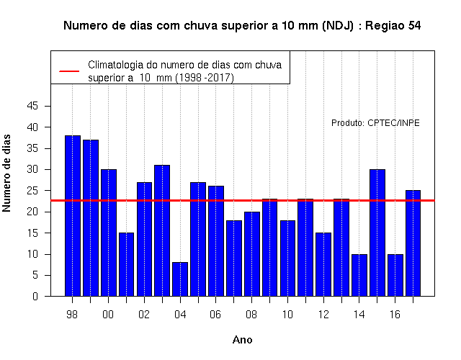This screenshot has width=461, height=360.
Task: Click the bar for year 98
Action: point(73,216)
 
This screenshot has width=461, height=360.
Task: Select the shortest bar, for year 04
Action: point(180,279)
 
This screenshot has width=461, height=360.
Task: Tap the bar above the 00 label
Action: point(109,233)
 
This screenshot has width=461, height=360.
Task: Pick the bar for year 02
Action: point(144,239)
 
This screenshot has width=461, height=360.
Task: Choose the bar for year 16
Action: point(395,275)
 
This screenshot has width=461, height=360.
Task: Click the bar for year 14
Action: point(359,275)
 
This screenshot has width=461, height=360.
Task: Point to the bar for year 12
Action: point(323,264)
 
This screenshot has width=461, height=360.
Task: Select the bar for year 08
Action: point(252,254)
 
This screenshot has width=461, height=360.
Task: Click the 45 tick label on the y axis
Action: point(32,106)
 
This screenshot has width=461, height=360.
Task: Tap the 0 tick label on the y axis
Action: point(35,296)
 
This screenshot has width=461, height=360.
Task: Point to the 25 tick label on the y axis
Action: point(32,190)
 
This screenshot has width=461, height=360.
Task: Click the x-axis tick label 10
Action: point(287,315)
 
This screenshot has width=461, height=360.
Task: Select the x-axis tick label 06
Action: point(215,315)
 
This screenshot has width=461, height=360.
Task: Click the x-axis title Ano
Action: point(242,340)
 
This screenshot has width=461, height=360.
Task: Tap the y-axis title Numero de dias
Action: point(6,174)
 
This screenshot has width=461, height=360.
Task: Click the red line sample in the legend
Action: point(69,71)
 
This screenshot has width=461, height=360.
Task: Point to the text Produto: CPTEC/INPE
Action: point(375,123)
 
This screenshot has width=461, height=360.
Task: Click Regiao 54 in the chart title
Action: point(393,26)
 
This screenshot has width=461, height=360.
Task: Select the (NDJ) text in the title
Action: point(338,26)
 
